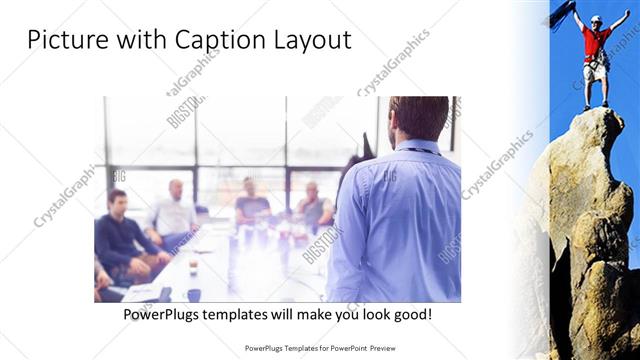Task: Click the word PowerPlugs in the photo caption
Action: pos(167,314)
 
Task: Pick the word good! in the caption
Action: pos(411,314)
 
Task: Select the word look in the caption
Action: pos(367,314)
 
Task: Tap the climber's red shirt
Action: pos(597,43)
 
